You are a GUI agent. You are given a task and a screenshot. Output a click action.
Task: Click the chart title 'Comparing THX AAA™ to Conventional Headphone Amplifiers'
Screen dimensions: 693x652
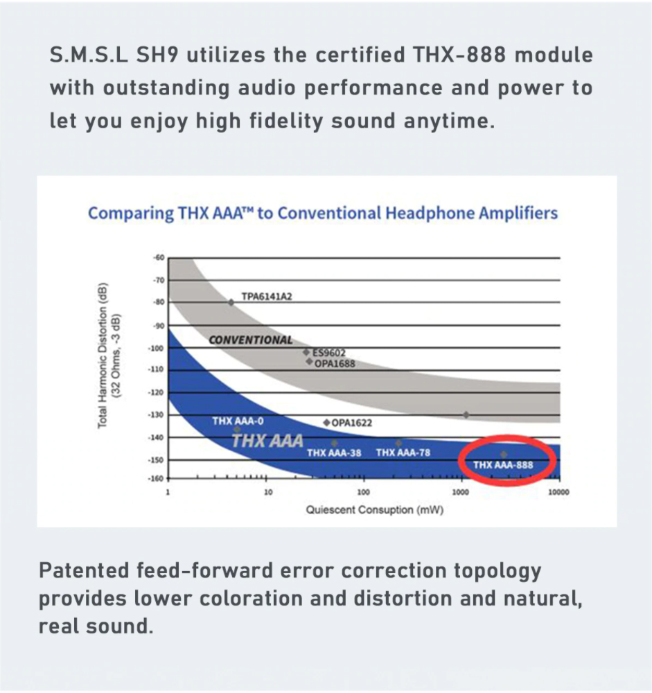point(323,213)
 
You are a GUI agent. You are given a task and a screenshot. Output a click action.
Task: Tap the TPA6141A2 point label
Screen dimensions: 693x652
point(267,297)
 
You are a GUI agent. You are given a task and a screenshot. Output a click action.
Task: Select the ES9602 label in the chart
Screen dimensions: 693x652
point(329,352)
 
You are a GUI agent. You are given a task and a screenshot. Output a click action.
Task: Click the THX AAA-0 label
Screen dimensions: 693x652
point(237,421)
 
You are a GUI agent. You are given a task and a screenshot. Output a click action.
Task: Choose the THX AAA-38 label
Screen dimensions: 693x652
point(334,453)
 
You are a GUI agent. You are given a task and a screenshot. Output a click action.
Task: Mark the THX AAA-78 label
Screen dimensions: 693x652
point(403,453)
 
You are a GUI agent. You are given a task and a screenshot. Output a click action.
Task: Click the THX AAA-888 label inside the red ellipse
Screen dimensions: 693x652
point(503,465)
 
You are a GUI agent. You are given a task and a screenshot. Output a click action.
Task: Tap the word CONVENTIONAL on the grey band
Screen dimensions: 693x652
point(251,340)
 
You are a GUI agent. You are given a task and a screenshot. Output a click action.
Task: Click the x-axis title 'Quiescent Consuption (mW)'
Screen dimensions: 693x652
point(374,510)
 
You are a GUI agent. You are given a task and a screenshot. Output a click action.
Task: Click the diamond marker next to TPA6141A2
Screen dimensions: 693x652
point(231,302)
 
